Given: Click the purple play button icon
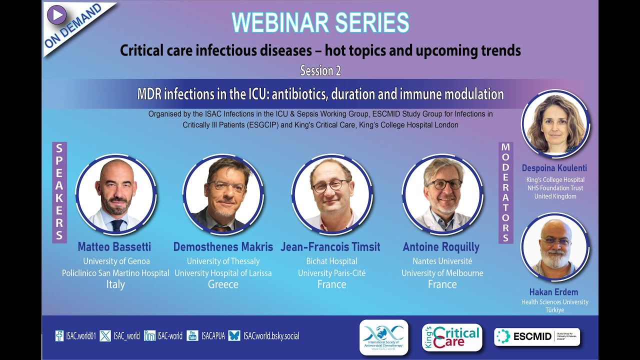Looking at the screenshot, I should (x=57, y=14).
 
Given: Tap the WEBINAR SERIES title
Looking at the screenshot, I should (x=320, y=22).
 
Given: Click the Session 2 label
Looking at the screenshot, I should (x=320, y=71).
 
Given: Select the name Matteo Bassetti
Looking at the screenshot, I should (x=114, y=246).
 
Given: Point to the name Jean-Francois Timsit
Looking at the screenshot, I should (x=330, y=246).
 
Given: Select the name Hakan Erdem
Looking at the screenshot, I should (x=554, y=291).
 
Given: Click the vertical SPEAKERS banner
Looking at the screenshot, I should (x=59, y=192).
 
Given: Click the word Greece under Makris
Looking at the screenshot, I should (x=223, y=284).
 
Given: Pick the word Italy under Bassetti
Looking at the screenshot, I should (x=115, y=284).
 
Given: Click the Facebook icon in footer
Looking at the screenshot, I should (x=59, y=336).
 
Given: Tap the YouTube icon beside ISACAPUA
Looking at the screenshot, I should (x=192, y=336).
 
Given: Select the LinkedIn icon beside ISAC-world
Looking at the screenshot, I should (x=149, y=336).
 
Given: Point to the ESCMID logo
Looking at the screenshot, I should (x=536, y=336).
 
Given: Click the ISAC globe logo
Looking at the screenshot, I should (x=383, y=336).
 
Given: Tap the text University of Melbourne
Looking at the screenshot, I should (x=442, y=273).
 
